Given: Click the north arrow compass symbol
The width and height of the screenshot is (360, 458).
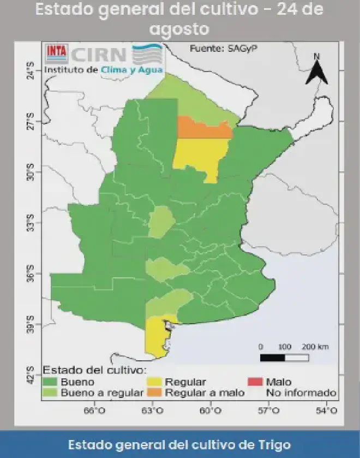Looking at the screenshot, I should (x=316, y=69).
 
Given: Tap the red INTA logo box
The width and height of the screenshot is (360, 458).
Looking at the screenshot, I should (x=56, y=51).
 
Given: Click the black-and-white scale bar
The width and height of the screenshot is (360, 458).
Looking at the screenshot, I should (x=284, y=358).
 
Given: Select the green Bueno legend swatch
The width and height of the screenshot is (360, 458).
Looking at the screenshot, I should (x=51, y=382).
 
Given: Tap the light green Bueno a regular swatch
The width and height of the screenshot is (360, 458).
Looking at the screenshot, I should (x=51, y=392).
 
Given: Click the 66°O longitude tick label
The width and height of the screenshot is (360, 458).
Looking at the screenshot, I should (x=94, y=411).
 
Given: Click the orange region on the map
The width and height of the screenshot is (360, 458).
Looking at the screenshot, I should (x=204, y=129).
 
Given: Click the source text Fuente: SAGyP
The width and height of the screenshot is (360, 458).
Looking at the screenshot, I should (x=223, y=49).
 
